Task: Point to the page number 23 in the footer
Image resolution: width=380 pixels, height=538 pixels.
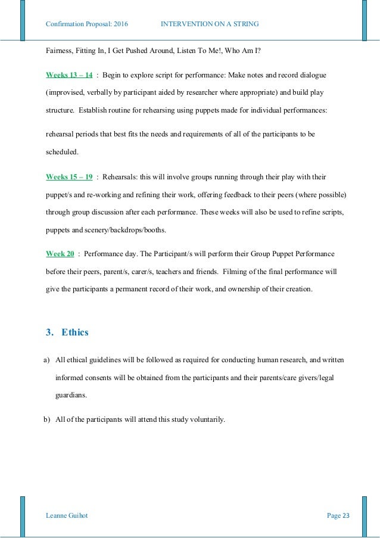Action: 346,515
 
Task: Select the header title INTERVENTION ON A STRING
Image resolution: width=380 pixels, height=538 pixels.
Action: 210,24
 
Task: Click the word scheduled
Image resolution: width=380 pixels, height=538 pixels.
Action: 62,152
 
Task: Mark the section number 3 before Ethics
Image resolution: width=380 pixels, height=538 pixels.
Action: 48,332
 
